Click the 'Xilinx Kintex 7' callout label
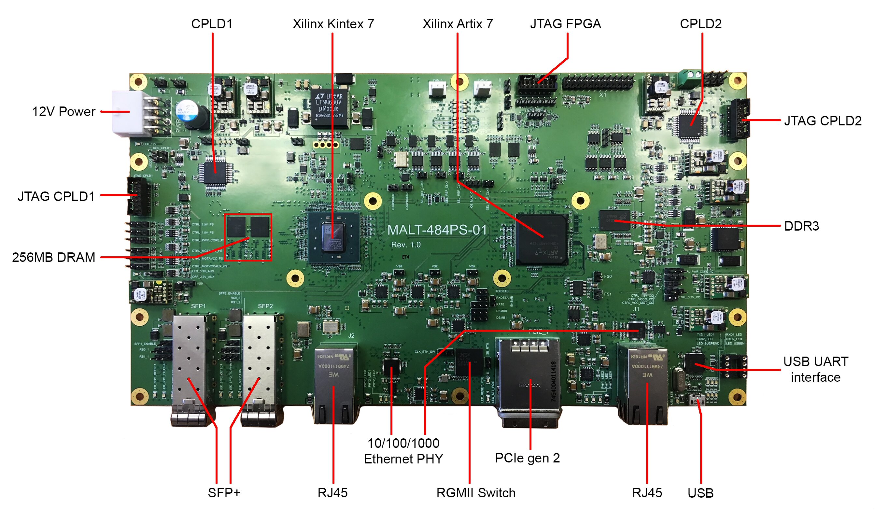(x=333, y=24)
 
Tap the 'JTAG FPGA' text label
(x=565, y=24)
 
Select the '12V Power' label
(x=64, y=111)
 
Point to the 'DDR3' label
(x=801, y=226)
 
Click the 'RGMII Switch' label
(x=476, y=493)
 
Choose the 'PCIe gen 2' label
(x=527, y=458)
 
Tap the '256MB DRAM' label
(x=53, y=257)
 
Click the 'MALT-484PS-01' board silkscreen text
(x=437, y=230)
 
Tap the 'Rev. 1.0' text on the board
(x=405, y=245)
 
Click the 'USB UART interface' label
(x=815, y=369)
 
